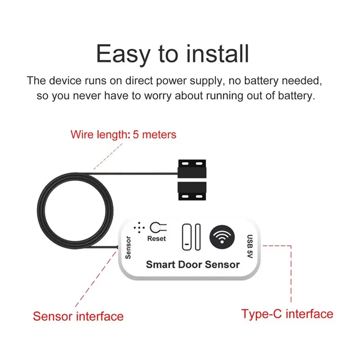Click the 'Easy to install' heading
172,54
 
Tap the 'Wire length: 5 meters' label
123,134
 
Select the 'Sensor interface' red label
78,316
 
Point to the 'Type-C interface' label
287,314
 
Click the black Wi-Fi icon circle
222,237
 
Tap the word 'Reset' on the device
156,238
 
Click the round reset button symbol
155,228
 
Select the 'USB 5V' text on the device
250,246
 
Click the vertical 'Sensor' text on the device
128,247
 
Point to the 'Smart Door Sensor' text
193,265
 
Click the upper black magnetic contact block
192,169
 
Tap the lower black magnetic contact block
192,191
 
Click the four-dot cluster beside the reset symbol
139,228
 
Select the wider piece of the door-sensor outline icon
187,237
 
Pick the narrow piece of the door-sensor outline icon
198,237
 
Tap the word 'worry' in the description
158,96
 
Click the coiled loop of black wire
75,211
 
